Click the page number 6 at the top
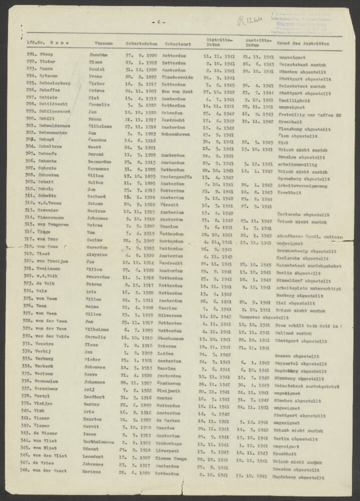pyautogui.click(x=158, y=23)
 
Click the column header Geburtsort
pyautogui.click(x=176, y=44)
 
